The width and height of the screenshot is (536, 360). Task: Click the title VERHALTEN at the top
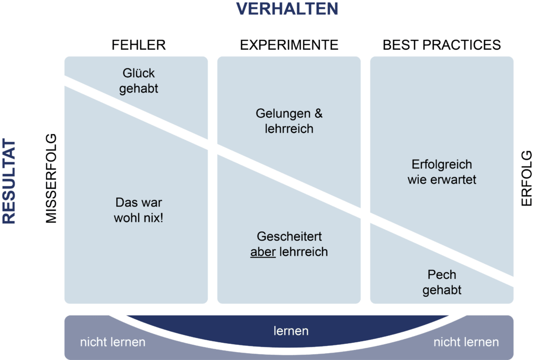pos(287,9)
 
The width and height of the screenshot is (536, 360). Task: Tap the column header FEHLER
pos(139,45)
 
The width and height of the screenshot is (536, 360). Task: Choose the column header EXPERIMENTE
pos(289,45)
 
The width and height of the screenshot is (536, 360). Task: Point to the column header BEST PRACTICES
pos(442,45)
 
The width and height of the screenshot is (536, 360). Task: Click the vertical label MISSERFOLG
pos(51,178)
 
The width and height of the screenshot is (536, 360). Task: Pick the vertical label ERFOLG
pos(526,178)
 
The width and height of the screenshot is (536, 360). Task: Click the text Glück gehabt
pos(138,81)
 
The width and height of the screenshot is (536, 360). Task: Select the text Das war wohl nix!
pos(138,209)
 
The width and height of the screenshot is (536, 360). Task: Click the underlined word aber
pos(263,252)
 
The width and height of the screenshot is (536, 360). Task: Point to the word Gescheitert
pos(289,237)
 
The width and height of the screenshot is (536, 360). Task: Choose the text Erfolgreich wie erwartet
pos(442,172)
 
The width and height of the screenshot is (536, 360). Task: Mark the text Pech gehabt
pos(442,282)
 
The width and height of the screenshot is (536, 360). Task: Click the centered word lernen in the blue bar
pos(291,331)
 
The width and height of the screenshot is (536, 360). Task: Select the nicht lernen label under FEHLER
pos(113,342)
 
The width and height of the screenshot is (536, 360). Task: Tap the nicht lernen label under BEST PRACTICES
pos(466,342)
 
